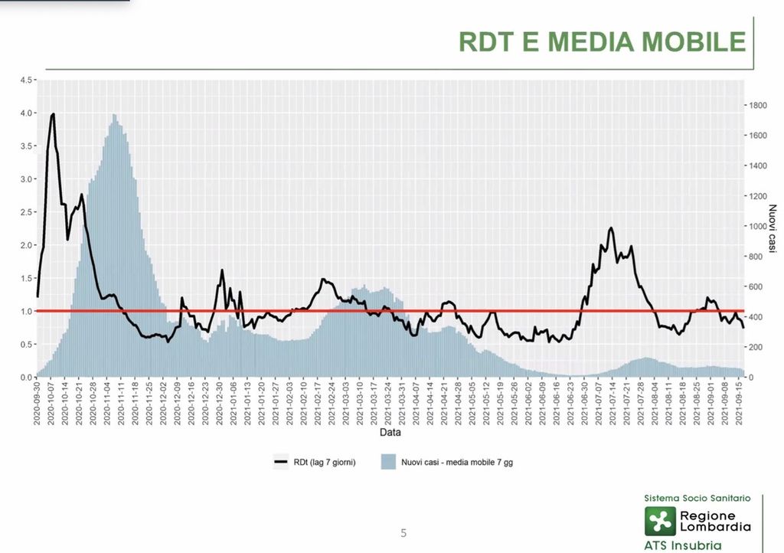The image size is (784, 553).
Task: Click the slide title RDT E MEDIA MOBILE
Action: [602, 41]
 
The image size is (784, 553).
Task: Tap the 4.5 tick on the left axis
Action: [26, 80]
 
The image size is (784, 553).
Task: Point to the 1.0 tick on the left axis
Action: [26, 311]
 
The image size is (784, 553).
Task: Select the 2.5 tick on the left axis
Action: [26, 212]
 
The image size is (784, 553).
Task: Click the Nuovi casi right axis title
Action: [773, 230]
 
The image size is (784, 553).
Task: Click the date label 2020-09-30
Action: [37, 403]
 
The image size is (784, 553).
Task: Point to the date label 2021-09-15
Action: [739, 403]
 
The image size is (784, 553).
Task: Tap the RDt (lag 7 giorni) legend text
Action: [324, 462]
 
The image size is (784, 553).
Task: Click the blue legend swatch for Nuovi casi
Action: [387, 462]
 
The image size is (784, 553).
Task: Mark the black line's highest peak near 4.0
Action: [53, 114]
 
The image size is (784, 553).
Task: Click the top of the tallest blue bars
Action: [114, 115]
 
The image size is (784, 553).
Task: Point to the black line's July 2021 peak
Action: [611, 228]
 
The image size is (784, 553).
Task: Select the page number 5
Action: [403, 533]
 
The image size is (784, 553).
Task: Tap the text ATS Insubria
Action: [682, 545]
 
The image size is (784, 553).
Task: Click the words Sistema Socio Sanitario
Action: [697, 498]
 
